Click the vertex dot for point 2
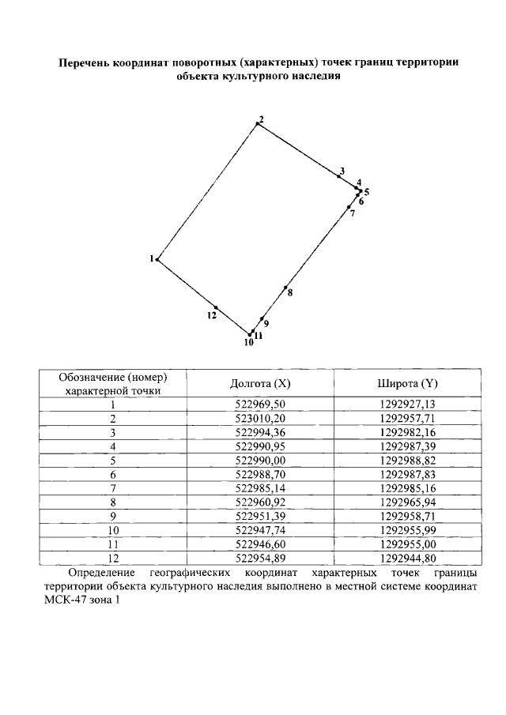pos(257,124)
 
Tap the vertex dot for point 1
pos(157,259)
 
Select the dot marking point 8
pos(286,288)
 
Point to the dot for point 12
pos(215,307)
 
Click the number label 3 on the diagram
pos(342,171)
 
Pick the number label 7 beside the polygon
pos(352,213)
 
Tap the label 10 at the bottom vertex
pos(248,343)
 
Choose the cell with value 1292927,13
pos(407,404)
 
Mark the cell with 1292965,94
pos(407,502)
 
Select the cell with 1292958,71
pos(407,515)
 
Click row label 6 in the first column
pos(113,474)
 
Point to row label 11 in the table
pos(113,544)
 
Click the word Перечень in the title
pos(87,62)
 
